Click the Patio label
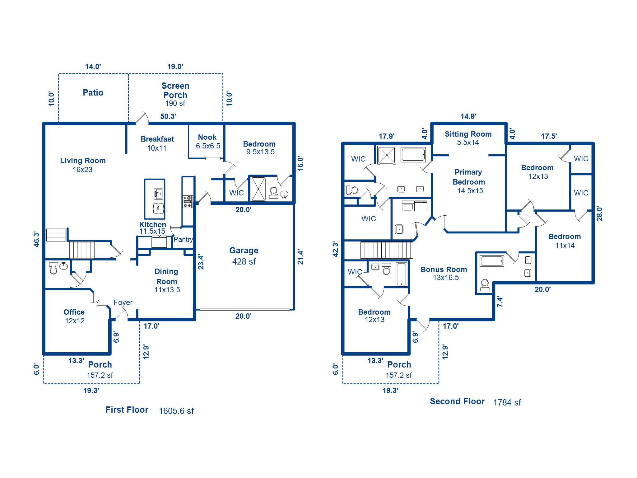93,93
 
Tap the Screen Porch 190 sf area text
175,103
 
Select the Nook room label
207,137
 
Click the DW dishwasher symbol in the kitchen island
158,208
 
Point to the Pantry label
183,239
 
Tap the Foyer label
123,302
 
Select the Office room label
74,312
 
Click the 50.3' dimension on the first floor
168,116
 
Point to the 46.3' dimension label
37,239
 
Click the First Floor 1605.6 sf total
176,411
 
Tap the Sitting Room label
468,134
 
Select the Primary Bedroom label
468,177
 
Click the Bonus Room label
444,269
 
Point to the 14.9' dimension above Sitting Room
468,116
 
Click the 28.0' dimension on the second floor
599,214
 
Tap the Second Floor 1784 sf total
507,402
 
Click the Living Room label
83,161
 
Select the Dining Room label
167,276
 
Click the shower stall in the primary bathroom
386,155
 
